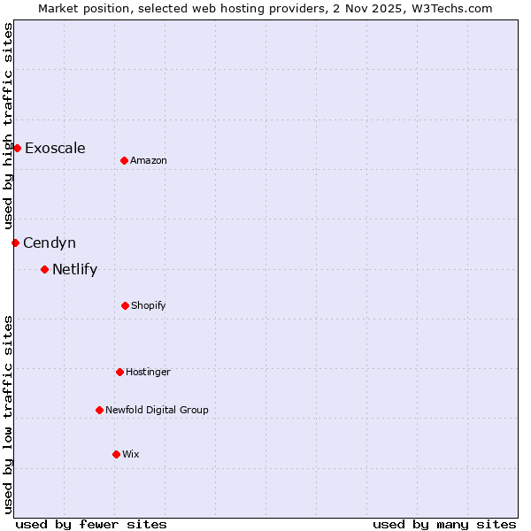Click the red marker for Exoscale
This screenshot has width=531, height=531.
17,148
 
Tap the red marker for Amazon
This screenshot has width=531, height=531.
124,160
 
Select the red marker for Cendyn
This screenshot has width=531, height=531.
15,242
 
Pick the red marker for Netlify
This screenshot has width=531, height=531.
44,269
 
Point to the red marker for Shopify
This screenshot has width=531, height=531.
125,305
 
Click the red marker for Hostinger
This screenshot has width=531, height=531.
119,372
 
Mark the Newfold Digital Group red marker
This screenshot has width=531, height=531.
99,410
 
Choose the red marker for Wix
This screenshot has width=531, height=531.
116,454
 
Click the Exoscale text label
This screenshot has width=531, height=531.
55,148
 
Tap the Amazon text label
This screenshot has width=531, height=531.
149,160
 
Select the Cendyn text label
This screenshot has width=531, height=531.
50,242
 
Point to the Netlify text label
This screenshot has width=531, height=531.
74,269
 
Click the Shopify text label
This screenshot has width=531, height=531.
149,305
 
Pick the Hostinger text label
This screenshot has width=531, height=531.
148,372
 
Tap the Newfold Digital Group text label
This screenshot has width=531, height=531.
157,410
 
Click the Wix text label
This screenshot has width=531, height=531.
131,454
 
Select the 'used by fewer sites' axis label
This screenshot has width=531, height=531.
91,524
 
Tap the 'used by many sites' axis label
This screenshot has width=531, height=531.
444,524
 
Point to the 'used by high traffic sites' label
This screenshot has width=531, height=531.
8,126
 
